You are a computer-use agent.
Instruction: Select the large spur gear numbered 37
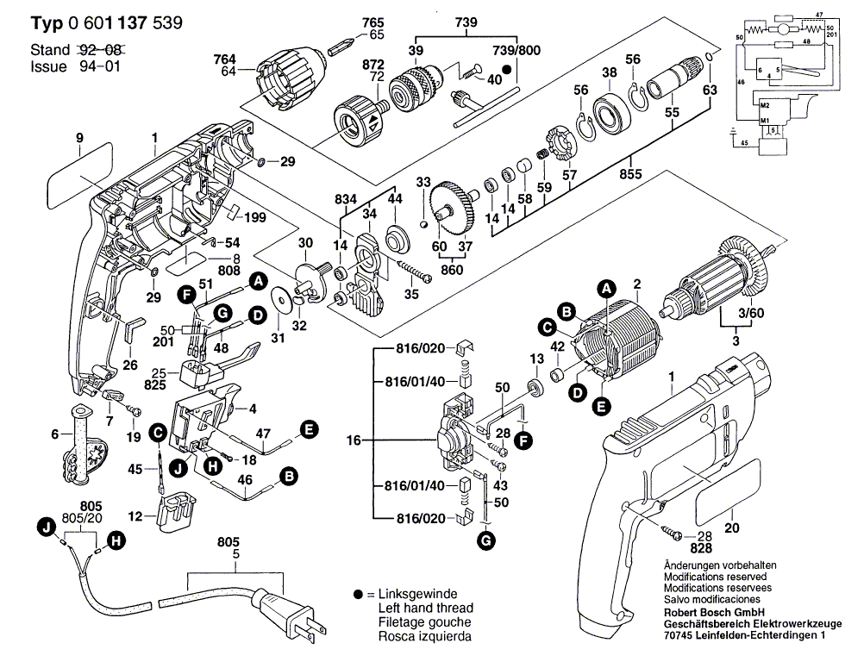click(x=455, y=208)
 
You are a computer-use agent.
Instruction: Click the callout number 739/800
click(x=492, y=51)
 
